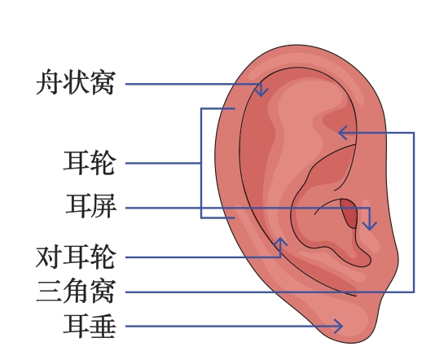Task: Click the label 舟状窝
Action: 76,82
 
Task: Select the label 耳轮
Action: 90,163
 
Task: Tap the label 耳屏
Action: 91,206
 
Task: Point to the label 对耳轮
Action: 76,257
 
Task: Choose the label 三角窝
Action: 76,291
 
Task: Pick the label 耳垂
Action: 90,326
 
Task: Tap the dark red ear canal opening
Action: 349,213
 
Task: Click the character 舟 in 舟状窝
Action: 49,82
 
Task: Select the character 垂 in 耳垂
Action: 103,326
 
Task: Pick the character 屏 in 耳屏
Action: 104,206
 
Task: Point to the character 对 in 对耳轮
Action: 49,257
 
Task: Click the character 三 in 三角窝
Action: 49,291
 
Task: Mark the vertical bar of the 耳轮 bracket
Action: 201,163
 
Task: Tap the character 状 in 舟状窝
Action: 76,82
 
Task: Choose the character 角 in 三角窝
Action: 76,291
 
